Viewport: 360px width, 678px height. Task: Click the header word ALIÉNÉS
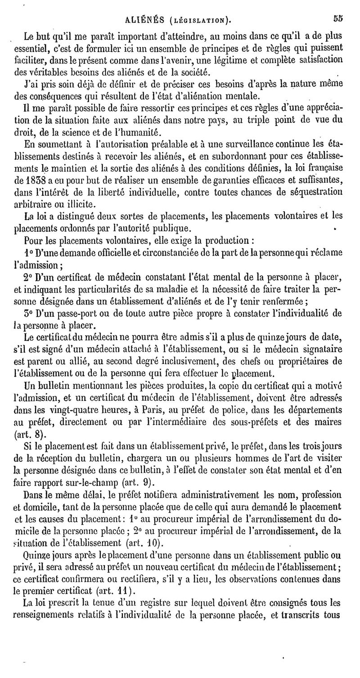pos(143,19)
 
